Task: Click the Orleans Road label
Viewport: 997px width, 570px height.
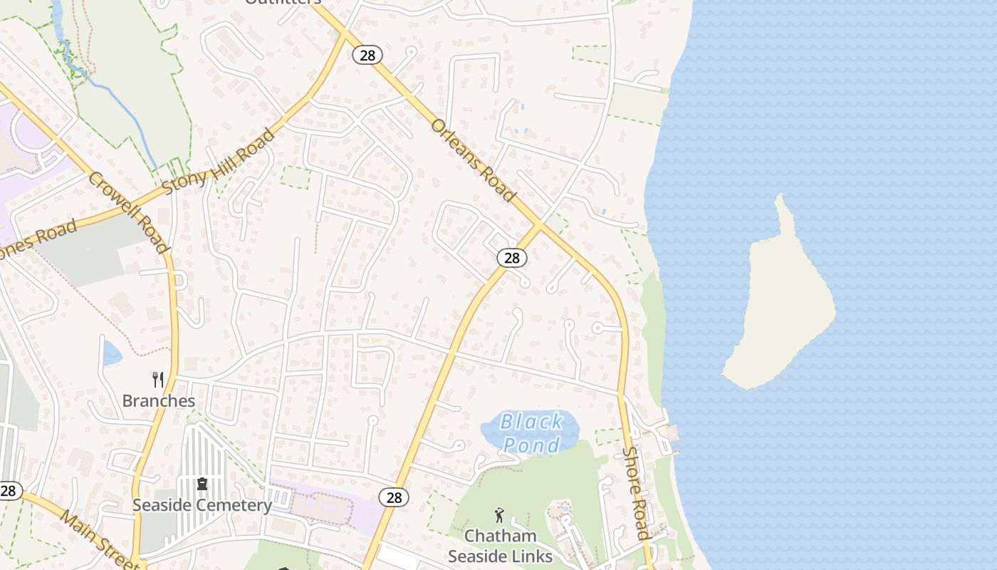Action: point(473,160)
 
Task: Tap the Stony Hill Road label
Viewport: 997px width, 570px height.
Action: point(218,162)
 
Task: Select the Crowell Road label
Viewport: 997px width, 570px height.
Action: point(129,212)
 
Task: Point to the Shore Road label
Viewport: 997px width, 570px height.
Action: point(635,492)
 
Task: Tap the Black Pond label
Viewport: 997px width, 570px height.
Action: point(531,432)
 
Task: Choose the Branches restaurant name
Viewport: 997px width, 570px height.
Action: point(158,400)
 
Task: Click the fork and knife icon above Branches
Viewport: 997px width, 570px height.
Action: point(158,380)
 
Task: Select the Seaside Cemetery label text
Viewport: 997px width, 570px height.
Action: point(202,505)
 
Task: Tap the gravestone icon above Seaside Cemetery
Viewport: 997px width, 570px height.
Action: point(202,484)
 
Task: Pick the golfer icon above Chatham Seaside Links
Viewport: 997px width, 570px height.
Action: point(499,514)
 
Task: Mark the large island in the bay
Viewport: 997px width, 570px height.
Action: point(780,306)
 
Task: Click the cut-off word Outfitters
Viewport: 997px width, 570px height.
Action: point(283,2)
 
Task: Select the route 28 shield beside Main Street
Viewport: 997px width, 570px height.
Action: point(9,490)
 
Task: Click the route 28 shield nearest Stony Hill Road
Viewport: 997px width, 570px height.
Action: point(367,55)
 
